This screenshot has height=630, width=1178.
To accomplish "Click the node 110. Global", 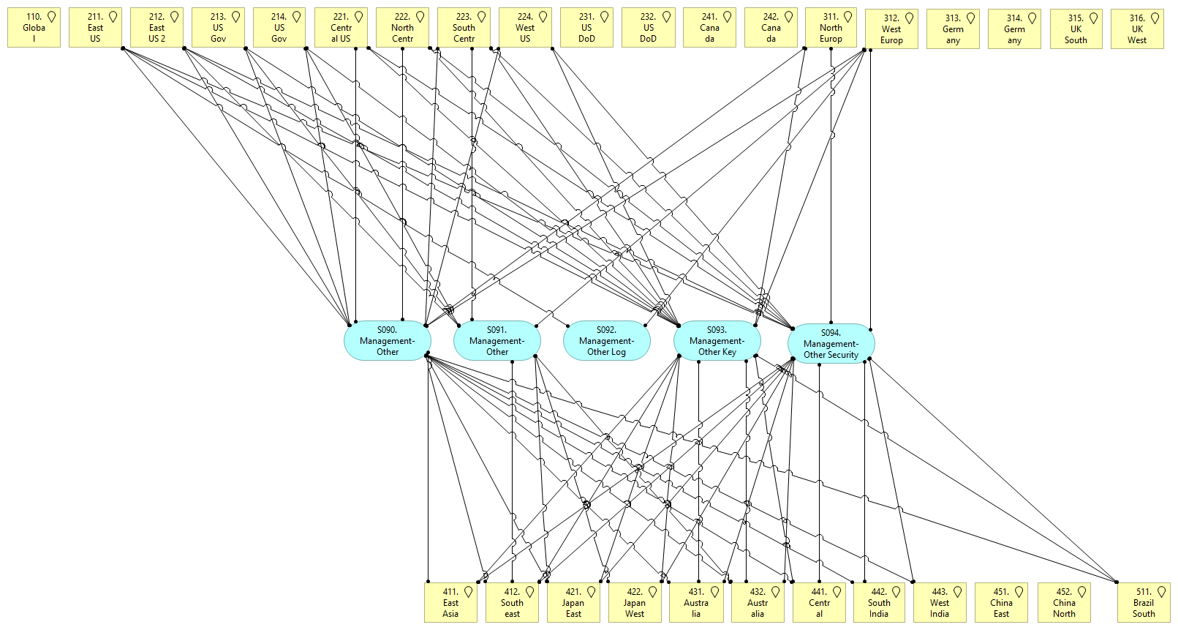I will [34, 28].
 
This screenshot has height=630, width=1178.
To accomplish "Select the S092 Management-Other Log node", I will [606, 341].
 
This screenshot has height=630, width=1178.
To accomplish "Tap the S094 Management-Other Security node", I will [831, 344].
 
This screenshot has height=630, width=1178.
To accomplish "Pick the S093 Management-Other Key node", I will [717, 341].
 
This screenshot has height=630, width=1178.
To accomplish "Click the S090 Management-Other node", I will [388, 341].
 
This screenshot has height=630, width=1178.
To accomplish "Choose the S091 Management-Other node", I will [497, 341].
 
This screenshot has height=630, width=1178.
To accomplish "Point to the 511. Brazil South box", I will [1144, 602].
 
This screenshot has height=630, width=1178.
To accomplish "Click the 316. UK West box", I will [1136, 29].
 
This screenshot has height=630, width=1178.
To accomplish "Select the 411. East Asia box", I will [450, 602].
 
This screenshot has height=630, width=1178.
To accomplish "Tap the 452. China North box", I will [1064, 602].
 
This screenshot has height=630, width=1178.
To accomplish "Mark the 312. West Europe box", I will [891, 29].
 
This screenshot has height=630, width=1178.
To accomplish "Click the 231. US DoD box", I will [586, 28].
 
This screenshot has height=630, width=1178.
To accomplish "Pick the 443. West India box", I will [940, 602].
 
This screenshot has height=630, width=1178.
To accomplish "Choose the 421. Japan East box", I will [573, 602].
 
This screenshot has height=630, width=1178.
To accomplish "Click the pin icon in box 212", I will [174, 17].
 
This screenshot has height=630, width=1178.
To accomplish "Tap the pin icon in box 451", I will [1019, 592].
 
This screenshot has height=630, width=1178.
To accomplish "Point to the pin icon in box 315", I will [1093, 18].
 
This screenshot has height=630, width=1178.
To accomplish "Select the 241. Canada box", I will [709, 28].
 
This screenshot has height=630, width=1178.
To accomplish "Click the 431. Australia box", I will [696, 602].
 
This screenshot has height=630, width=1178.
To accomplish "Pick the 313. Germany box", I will [952, 29].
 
